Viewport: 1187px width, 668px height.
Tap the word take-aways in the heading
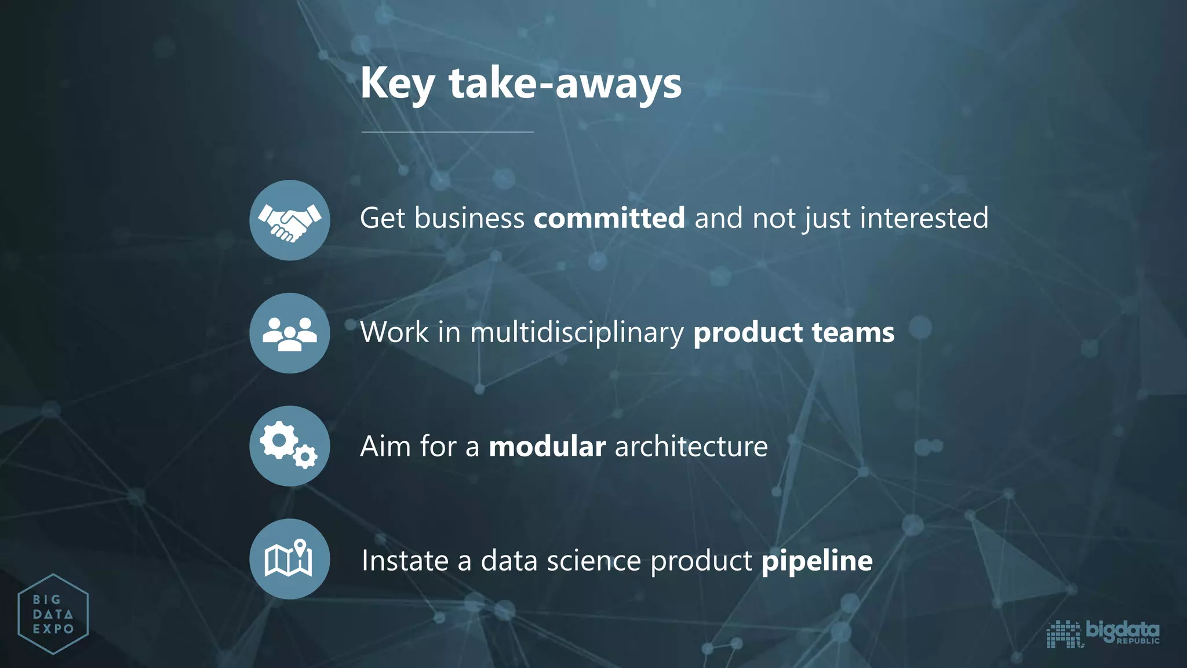[565, 83]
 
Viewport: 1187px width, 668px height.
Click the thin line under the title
[447, 132]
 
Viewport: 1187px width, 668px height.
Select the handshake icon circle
[290, 220]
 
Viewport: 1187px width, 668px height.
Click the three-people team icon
[290, 333]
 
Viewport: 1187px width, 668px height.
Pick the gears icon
[290, 445]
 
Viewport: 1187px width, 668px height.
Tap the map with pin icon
[290, 559]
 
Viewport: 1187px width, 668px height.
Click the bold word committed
[609, 218]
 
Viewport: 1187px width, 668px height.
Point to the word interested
[924, 218]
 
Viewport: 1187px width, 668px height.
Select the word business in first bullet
[469, 218]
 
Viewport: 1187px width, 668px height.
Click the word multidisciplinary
[577, 333]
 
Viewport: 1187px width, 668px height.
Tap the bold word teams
[853, 333]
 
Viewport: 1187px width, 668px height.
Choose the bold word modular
[547, 446]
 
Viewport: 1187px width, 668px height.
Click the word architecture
[691, 446]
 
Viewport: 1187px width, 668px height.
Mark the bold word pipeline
[817, 561]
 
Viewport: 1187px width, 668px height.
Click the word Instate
[405, 561]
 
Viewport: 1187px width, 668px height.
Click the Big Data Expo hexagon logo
[53, 614]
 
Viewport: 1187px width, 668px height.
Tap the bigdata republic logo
[1103, 633]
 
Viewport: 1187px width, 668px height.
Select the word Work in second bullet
[394, 333]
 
